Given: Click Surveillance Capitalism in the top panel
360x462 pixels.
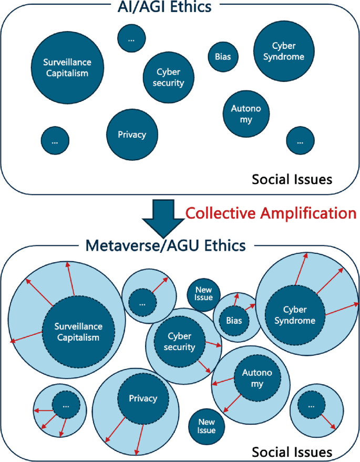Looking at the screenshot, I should (66, 67).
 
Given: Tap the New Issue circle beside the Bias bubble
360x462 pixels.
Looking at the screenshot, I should (204, 293).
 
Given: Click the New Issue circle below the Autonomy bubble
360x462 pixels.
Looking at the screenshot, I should (206, 426).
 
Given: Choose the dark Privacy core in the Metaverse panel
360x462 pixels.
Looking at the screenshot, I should (143, 399).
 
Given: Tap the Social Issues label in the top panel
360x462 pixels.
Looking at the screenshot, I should (292, 180).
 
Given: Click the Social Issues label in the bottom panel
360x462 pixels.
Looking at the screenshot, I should (292, 452).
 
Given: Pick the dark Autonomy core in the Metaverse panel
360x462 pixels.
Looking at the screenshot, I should (254, 379).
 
